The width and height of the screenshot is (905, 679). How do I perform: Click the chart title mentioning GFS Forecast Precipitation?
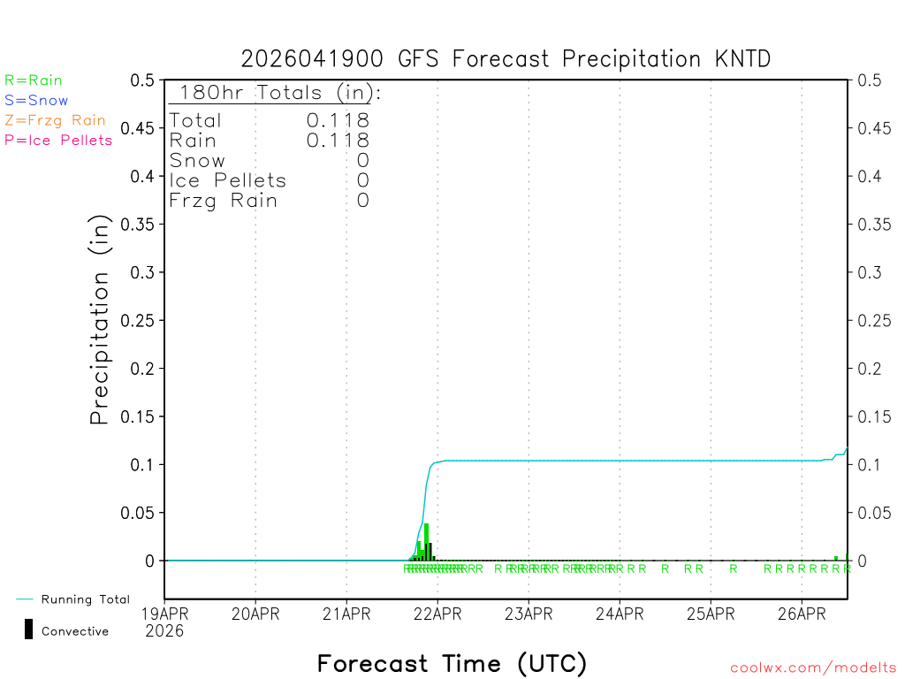click(506, 59)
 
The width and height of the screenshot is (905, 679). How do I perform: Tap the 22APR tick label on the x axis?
click(437, 613)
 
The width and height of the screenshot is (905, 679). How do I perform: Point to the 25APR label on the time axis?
click(711, 613)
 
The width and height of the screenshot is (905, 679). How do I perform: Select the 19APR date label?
click(164, 613)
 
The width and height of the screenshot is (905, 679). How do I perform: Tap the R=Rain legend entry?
click(34, 80)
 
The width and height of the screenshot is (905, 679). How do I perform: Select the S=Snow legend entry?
click(36, 100)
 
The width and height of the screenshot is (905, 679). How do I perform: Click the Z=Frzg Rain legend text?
click(55, 120)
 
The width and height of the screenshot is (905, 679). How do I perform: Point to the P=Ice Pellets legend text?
click(58, 140)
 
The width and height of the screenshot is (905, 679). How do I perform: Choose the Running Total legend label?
click(85, 599)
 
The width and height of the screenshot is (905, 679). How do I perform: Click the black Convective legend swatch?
click(29, 629)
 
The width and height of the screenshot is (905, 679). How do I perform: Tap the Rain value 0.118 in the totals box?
click(338, 141)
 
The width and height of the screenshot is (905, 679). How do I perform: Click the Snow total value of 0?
click(362, 161)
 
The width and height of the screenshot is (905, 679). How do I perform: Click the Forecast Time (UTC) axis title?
click(452, 663)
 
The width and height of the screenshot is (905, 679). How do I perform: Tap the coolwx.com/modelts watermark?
click(813, 668)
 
